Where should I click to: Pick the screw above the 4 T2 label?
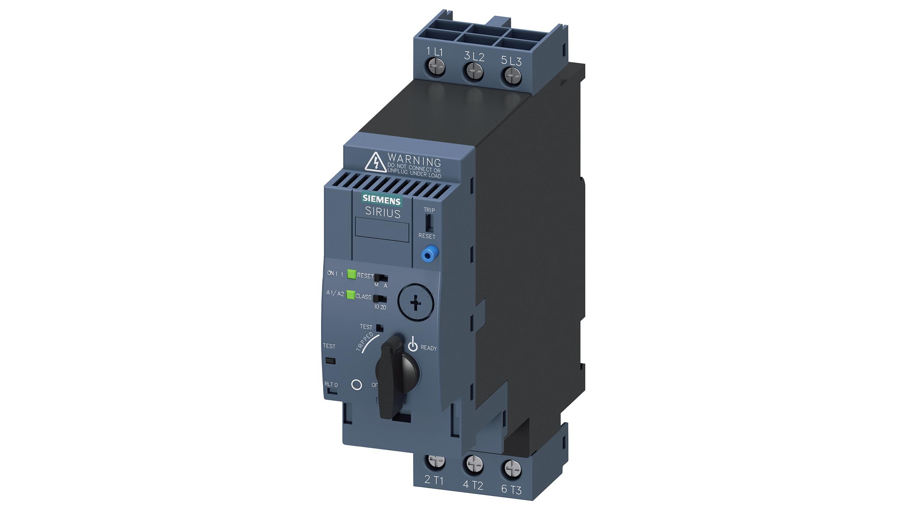473,464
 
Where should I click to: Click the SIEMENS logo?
381,200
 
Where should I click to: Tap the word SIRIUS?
383,213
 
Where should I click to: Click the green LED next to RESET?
351,274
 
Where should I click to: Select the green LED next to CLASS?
351,295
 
